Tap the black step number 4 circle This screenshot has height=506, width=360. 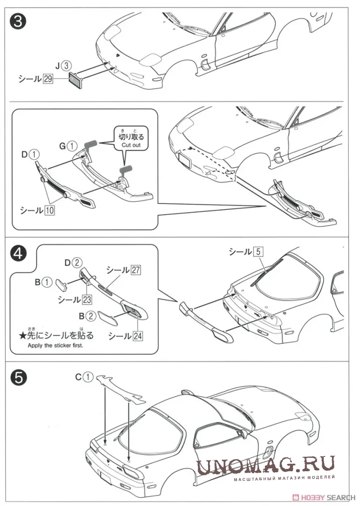19,254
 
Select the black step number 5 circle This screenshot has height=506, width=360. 19,377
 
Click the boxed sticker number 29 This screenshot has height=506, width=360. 48,79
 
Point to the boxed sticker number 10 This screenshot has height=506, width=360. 49,210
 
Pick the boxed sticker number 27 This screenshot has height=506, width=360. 136,270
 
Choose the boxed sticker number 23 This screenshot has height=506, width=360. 87,300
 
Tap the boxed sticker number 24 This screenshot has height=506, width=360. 138,336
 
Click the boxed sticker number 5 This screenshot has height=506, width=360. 258,252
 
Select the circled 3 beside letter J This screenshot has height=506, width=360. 66,66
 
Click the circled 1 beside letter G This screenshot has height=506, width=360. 72,146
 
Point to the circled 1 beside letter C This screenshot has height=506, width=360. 88,377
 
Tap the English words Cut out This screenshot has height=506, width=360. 131,145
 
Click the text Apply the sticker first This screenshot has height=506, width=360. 55,345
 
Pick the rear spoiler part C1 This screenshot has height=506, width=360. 121,388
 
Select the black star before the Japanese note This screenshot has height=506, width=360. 23,336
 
